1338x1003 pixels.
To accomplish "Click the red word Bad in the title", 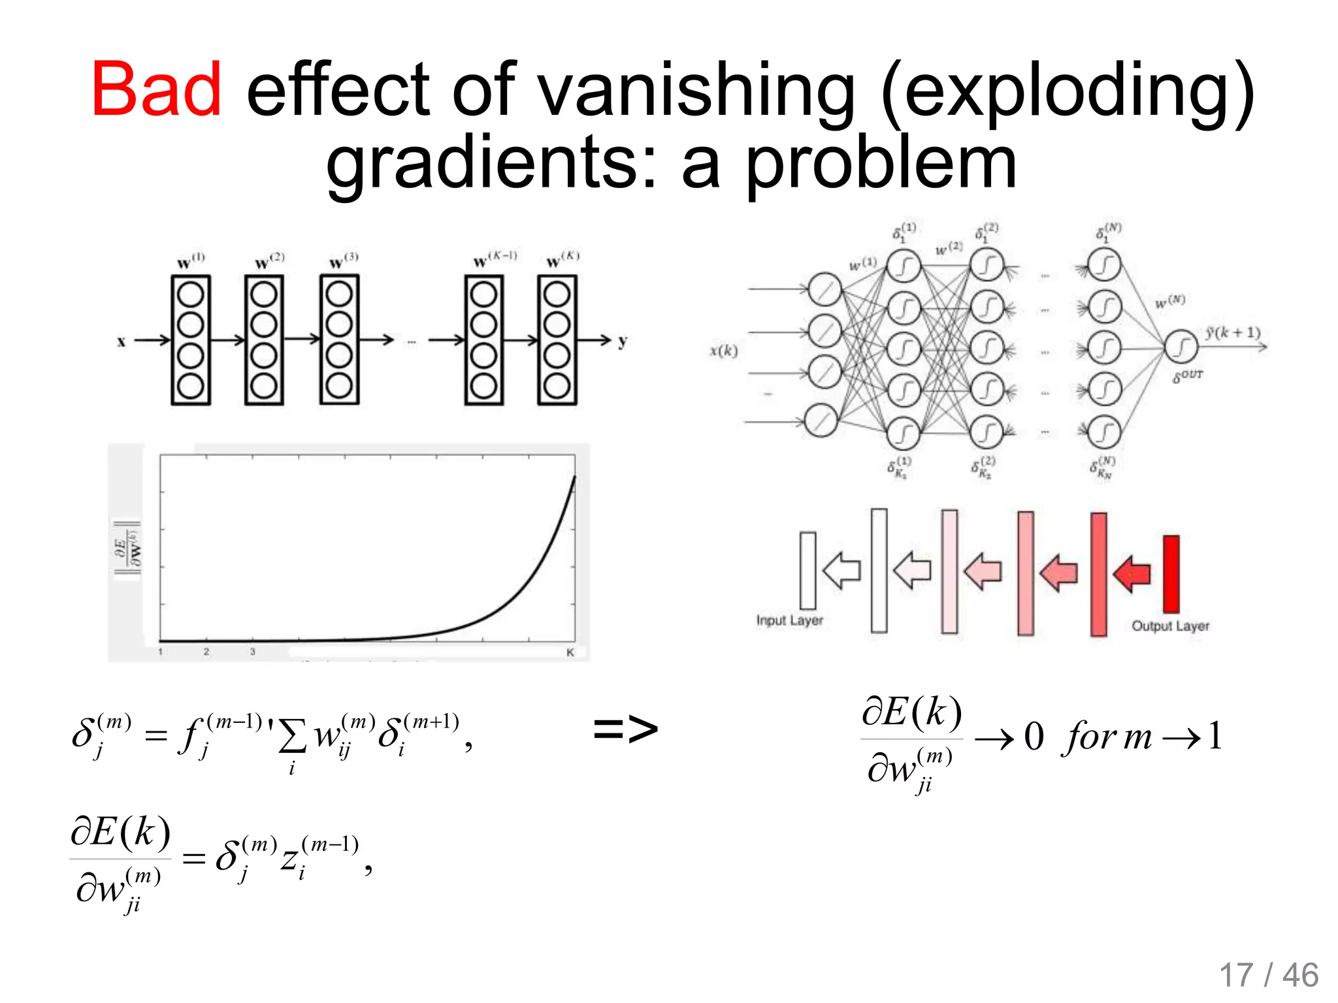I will [x=157, y=89].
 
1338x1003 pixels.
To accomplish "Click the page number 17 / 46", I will [x=1268, y=976].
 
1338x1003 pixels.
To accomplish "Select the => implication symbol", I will [x=625, y=729].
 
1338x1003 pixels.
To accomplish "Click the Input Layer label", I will [x=789, y=620].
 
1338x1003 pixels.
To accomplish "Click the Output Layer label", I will [x=1170, y=626].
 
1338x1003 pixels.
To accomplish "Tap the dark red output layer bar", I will [x=1171, y=573].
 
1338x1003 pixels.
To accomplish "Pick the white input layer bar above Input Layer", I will [x=808, y=570].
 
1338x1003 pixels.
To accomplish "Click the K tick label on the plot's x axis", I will [x=570, y=652].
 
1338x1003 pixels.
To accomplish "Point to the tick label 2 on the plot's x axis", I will [x=206, y=652].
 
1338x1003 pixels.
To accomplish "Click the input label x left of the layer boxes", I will [x=121, y=341].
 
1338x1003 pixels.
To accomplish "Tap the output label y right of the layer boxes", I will [x=622, y=341].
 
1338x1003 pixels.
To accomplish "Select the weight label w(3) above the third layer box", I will [x=343, y=261].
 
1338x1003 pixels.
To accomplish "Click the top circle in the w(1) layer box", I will [x=191, y=295].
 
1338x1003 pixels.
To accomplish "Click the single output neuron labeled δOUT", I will [x=1180, y=347].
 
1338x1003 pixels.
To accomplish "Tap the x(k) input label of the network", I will [x=724, y=351].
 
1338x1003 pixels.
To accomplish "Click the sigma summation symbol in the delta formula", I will [x=291, y=737].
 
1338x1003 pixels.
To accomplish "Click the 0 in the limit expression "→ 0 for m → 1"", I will [x=1034, y=737].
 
